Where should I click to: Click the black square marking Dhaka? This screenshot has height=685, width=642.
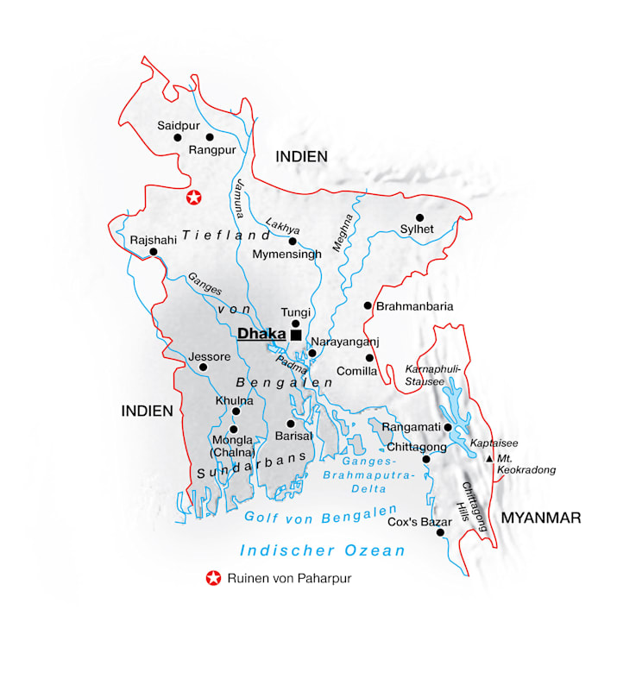point(296,335)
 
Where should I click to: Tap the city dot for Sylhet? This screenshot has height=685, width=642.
point(420,217)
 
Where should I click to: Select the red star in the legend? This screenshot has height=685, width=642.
point(211,579)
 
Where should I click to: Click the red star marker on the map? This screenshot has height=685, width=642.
point(195,198)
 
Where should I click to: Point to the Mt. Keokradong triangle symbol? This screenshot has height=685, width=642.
point(490,458)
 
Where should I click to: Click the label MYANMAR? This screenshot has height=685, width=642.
point(541,518)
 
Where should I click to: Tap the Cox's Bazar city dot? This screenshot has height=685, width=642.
point(440,533)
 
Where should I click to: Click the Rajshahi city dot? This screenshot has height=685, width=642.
point(154,252)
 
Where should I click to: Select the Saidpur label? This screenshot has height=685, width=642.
point(179,125)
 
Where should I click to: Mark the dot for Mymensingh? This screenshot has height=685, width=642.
point(293,241)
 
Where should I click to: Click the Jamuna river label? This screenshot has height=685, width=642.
point(239,197)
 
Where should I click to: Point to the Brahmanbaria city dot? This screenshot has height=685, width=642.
point(368,305)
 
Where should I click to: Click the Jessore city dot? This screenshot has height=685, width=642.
point(203,367)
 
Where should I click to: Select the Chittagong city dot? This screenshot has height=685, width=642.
point(425,460)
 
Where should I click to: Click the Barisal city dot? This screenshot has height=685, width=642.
point(291,424)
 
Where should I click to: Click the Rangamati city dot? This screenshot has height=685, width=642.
point(448,427)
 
